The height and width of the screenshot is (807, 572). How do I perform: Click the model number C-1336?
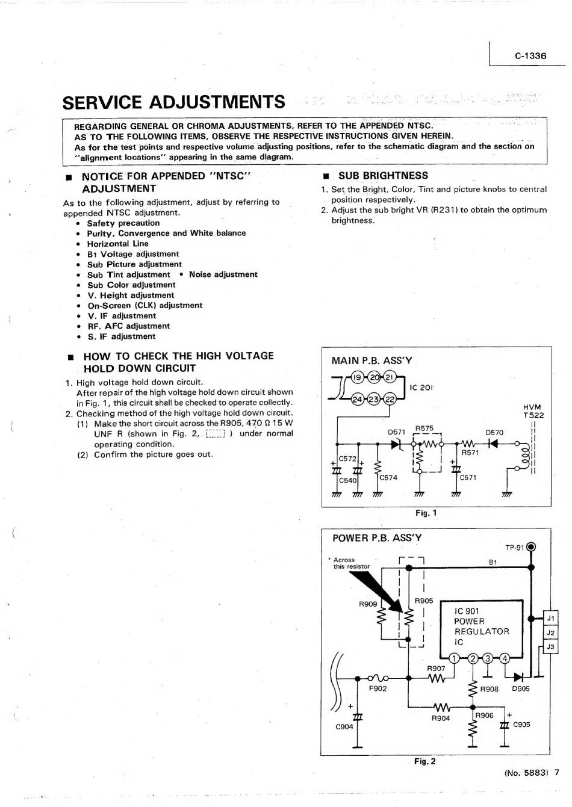(x=530, y=56)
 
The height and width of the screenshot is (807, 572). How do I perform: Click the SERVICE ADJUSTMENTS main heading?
(x=173, y=102)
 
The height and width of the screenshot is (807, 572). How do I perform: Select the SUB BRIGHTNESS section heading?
(x=383, y=176)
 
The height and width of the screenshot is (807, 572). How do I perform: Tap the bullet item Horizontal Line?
(x=117, y=244)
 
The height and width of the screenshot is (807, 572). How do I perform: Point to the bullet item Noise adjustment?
(x=223, y=274)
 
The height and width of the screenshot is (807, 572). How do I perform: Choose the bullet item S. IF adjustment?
(x=121, y=336)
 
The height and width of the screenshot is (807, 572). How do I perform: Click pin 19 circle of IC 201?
(x=358, y=377)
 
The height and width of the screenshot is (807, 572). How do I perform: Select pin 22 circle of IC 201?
(x=390, y=399)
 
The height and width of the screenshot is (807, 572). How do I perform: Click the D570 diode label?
(x=494, y=432)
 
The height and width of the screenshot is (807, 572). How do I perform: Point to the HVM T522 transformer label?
(x=533, y=411)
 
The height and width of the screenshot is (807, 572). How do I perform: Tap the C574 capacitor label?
(x=388, y=477)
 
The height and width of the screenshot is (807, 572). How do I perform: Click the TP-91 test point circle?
(x=530, y=547)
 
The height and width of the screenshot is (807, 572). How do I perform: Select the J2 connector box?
(x=550, y=632)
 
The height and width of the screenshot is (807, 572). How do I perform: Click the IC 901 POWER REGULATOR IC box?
(x=481, y=626)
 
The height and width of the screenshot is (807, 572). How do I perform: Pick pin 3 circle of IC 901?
(x=488, y=658)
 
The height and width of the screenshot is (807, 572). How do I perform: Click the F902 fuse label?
(x=378, y=688)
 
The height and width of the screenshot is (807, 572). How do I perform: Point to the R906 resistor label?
(x=484, y=715)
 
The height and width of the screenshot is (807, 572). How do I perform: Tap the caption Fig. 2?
(x=424, y=761)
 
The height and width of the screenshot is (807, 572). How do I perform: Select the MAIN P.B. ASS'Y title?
(x=371, y=360)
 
